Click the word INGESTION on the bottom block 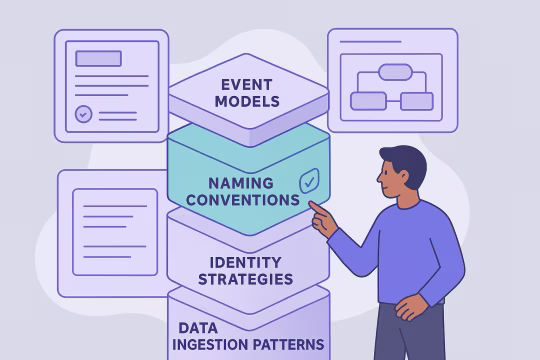click(x=216, y=344)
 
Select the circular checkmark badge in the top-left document click(x=84, y=114)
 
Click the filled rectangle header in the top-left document click(x=98, y=58)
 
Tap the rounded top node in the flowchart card click(x=395, y=71)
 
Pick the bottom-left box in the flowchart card click(x=368, y=100)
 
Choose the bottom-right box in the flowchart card click(x=416, y=100)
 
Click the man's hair click(x=406, y=157)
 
